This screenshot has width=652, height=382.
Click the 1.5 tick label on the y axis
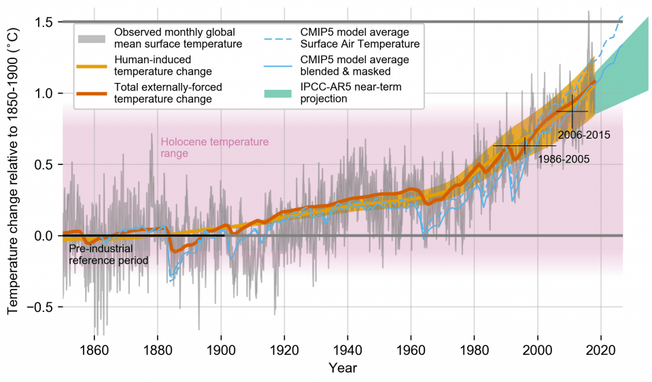pos(44,22)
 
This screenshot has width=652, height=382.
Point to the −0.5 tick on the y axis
pos(41,307)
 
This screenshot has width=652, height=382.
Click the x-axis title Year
pos(343,368)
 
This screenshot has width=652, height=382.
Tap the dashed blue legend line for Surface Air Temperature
pos(279,38)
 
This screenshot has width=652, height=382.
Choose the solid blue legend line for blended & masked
pos(279,65)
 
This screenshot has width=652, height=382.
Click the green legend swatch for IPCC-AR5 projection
pos(279,92)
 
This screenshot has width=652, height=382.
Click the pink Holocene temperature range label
pos(215,147)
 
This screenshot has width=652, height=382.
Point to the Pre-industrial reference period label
pos(109,254)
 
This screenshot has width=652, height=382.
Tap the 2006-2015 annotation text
pos(584,135)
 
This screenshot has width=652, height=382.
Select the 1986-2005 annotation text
pos(563,159)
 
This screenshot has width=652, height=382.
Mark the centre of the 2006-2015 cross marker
pos(572,111)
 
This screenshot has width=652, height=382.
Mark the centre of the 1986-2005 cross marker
pos(525,145)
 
